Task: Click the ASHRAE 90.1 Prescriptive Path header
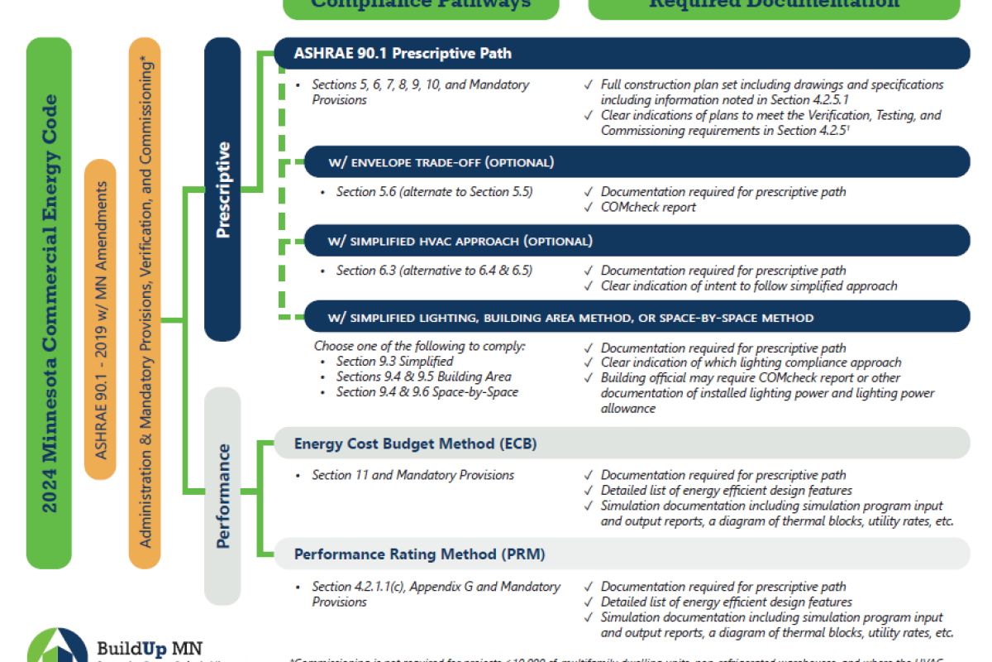pos(403,54)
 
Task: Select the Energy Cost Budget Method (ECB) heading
pos(415,444)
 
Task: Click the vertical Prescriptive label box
pos(222,190)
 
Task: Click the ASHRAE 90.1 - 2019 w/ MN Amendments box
pos(100,319)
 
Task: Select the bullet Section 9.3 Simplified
pos(394,362)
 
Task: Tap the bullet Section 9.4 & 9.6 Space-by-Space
pos(427,391)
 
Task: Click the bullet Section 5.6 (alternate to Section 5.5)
pos(434,192)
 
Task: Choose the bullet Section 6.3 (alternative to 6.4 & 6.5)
pos(434,271)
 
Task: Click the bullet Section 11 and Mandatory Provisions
pos(413,475)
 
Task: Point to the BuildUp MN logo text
pos(149,648)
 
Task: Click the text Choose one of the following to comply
pos(419,346)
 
